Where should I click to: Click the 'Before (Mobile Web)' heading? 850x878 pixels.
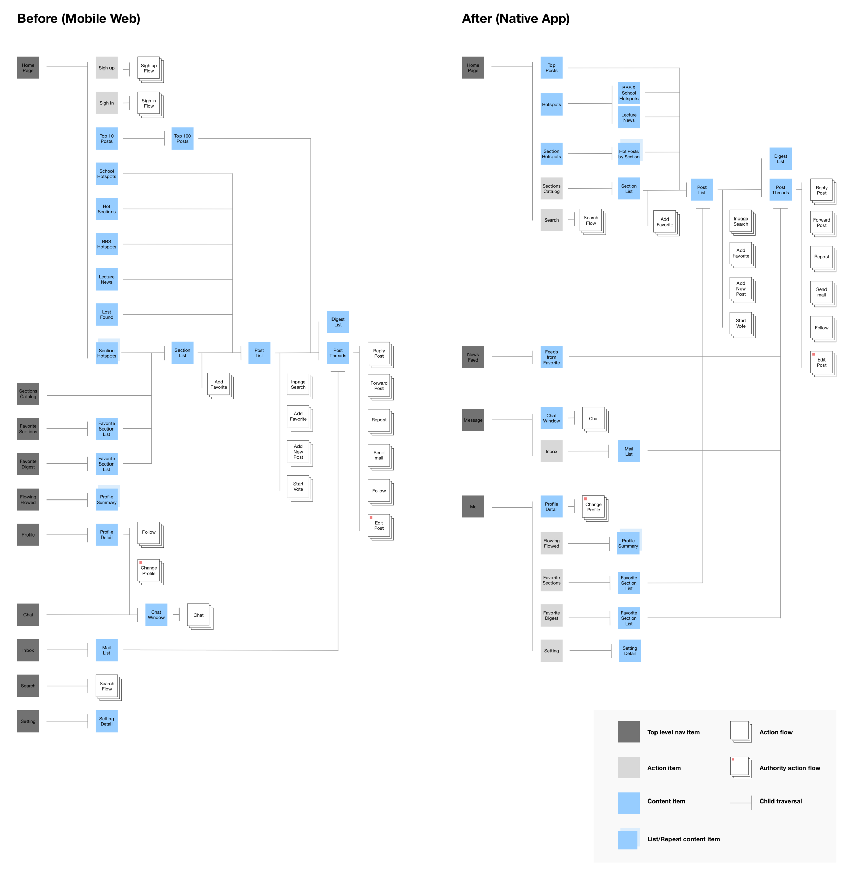click(x=79, y=18)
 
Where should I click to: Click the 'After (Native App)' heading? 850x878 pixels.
click(x=515, y=18)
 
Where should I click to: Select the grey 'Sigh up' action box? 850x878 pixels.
click(x=106, y=68)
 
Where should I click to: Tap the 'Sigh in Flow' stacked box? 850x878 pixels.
click(x=149, y=104)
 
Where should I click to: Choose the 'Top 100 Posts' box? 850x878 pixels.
click(x=183, y=138)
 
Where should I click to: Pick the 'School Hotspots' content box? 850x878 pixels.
click(x=106, y=174)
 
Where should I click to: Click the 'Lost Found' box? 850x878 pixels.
click(x=106, y=314)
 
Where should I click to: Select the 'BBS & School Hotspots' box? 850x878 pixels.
click(x=629, y=93)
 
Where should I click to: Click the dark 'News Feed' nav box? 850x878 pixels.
click(x=473, y=357)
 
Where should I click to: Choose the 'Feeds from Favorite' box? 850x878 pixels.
click(x=551, y=357)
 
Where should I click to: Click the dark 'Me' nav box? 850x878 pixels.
click(x=473, y=507)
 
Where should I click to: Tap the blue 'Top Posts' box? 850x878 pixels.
click(x=551, y=68)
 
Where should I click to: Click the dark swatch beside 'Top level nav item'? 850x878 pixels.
click(x=629, y=732)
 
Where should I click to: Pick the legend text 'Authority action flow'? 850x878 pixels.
click(x=789, y=768)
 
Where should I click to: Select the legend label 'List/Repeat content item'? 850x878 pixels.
click(x=683, y=839)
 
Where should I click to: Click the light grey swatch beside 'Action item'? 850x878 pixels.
click(x=629, y=768)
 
